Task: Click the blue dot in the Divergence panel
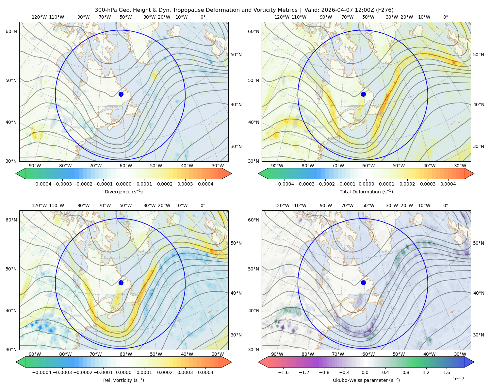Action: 121,94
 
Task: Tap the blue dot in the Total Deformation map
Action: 363,94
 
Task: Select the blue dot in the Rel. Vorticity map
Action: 121,283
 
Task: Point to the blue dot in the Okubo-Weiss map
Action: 363,283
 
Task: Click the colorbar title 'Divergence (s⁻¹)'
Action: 123,191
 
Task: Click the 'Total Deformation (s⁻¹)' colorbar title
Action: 366,191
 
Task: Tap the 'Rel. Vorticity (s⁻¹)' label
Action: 123,380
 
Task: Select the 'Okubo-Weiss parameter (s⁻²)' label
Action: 366,380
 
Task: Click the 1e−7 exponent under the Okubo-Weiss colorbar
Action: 458,379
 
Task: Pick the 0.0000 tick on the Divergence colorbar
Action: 123,184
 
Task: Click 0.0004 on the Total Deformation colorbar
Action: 448,184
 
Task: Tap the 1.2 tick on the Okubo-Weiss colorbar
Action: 426,372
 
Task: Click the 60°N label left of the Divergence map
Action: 11,31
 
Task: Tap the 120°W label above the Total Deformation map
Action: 282,17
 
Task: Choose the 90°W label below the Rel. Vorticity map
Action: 35,354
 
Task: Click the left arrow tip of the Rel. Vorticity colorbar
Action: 16,362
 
